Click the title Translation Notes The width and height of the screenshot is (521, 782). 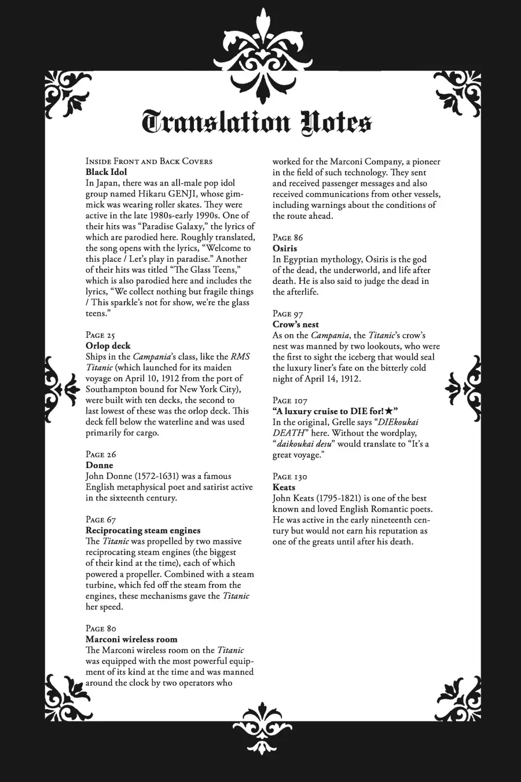point(257,123)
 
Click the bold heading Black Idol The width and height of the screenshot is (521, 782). point(106,172)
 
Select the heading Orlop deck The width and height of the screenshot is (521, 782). point(108,346)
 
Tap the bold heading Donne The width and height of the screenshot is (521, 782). point(100,465)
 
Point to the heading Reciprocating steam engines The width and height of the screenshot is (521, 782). point(143,530)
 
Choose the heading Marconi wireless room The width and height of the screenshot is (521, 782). point(131,640)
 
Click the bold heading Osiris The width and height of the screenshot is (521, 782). point(285,249)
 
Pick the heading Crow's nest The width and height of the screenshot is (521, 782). point(296,324)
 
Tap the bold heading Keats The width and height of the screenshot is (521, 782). point(284,488)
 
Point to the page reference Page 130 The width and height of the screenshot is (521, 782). point(290,477)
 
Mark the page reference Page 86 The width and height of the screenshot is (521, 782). point(288,237)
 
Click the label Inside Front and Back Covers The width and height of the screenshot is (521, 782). point(149,161)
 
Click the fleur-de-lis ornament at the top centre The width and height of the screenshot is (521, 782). point(260,46)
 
